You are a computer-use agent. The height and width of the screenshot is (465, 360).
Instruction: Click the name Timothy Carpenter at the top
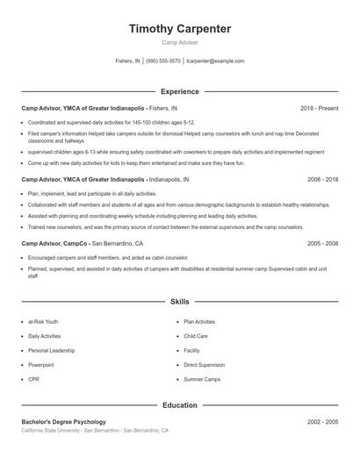[180, 29]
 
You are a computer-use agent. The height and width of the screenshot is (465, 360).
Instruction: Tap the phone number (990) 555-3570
[163, 61]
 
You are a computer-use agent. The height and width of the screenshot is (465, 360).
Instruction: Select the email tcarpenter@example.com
[215, 61]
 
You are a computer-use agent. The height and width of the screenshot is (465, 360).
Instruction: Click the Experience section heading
[180, 91]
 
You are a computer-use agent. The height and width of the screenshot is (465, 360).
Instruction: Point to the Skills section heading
[180, 302]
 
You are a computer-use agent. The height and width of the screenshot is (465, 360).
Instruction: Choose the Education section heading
[180, 406]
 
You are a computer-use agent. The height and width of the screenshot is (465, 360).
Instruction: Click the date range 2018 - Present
[319, 108]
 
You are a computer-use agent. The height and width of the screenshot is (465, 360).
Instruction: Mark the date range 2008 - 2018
[322, 179]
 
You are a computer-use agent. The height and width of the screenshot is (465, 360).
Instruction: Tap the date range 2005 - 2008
[322, 243]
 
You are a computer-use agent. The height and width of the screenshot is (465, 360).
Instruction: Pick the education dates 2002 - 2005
[322, 422]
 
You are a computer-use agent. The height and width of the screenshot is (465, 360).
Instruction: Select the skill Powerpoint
[40, 364]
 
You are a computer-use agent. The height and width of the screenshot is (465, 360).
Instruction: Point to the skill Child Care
[196, 336]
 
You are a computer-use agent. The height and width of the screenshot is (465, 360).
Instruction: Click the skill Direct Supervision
[205, 364]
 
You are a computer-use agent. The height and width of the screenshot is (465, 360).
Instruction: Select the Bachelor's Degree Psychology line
[63, 422]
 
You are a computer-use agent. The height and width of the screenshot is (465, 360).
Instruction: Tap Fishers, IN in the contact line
[127, 61]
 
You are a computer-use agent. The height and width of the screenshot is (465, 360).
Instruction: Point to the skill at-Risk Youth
[43, 322]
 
